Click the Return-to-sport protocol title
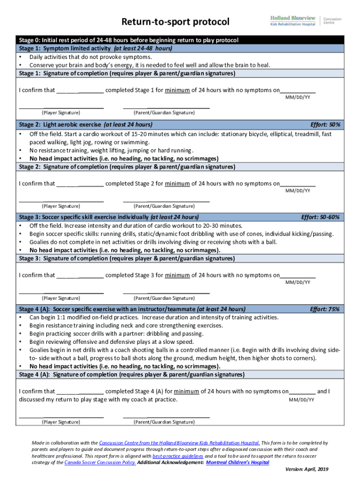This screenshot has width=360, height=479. pyautogui.click(x=176, y=22)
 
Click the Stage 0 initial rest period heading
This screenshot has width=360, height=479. pyautogui.click(x=129, y=40)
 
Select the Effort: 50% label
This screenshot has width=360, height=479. pyautogui.click(x=325, y=125)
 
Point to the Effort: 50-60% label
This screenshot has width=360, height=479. pyautogui.click(x=321, y=217)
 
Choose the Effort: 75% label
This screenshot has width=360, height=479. pyautogui.click(x=325, y=309)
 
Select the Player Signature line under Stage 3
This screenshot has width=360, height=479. pyautogui.click(x=61, y=293)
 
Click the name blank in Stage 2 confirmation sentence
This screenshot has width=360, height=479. pyautogui.click(x=80, y=184)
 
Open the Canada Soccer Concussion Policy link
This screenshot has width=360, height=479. pyautogui.click(x=100, y=462)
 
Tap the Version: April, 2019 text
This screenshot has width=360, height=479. pyautogui.click(x=307, y=469)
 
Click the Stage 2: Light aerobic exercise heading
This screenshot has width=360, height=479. pyautogui.click(x=86, y=125)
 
